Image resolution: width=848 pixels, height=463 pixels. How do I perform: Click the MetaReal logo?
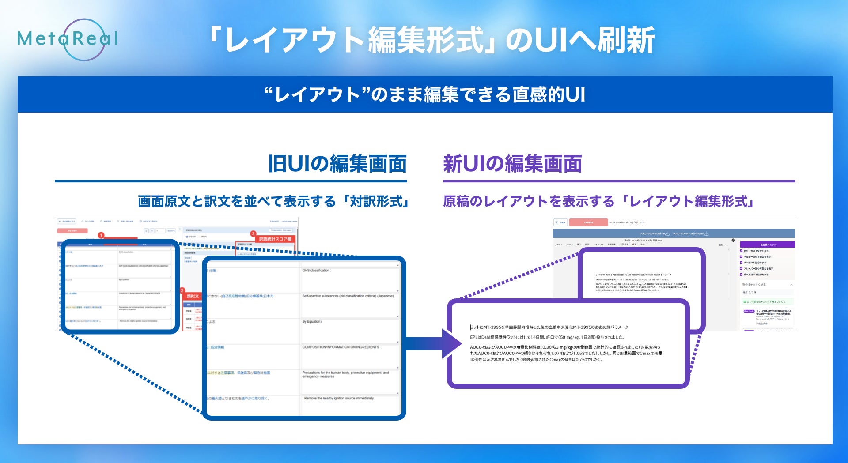[68, 39]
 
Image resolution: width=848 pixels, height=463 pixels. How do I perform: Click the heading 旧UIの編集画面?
[337, 164]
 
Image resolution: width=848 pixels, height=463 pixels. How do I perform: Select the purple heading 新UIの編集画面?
[512, 164]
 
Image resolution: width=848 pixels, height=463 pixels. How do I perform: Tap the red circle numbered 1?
[101, 235]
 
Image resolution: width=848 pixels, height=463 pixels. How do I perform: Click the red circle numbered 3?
[253, 233]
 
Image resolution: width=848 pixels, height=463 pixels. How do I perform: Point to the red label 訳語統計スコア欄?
[275, 239]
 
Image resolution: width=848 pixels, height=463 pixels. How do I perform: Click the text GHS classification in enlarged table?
[316, 271]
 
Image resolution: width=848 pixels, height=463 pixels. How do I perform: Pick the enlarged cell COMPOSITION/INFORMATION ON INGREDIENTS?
[341, 347]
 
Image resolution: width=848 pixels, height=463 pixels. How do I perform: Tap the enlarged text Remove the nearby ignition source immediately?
[339, 399]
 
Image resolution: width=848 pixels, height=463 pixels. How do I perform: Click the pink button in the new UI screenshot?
[588, 222]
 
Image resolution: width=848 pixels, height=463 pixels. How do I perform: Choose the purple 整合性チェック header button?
[767, 245]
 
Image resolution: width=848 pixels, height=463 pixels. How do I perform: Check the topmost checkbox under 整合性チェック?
[741, 251]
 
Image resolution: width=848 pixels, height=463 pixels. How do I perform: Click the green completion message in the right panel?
[766, 302]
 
